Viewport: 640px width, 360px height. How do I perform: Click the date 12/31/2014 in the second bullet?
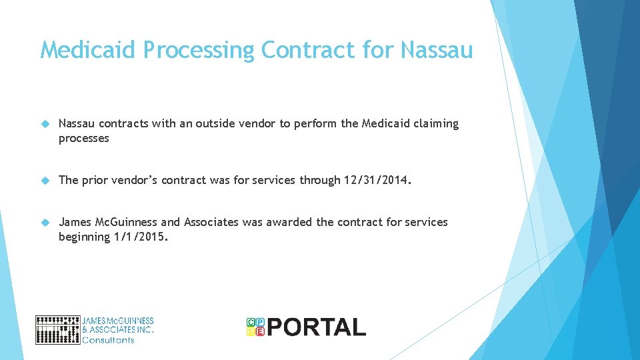(374, 180)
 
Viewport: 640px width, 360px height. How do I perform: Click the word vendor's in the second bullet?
(130, 180)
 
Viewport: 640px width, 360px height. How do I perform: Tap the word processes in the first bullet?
(83, 138)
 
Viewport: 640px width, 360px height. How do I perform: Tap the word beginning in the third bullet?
(83, 237)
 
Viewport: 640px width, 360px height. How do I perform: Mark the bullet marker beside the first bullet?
(45, 124)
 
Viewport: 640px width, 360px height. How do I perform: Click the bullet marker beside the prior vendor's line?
(45, 180)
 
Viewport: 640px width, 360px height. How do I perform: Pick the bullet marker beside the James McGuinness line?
(45, 222)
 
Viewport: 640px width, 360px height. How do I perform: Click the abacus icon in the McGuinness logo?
(57, 329)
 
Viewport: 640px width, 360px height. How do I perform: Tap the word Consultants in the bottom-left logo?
(107, 339)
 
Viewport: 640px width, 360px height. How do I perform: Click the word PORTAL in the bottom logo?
(317, 327)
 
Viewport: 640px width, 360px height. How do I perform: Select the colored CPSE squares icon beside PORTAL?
(255, 326)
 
